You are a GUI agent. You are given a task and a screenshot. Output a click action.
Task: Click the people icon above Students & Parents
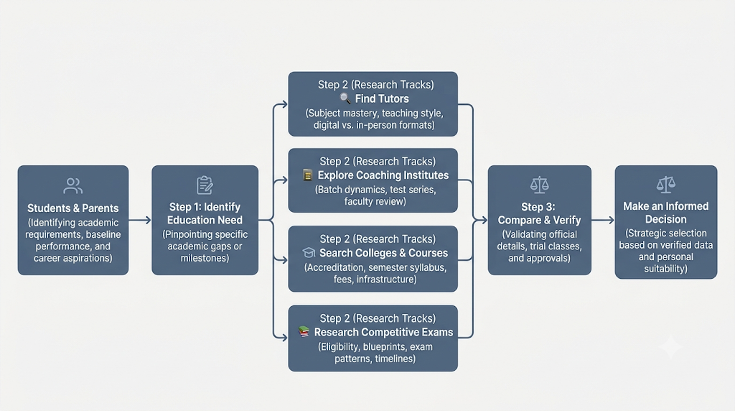(73, 186)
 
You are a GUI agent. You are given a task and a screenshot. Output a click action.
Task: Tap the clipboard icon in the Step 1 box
(205, 185)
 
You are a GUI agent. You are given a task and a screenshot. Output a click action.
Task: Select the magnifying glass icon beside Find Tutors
(345, 98)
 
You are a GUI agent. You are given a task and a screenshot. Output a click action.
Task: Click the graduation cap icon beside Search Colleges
(309, 253)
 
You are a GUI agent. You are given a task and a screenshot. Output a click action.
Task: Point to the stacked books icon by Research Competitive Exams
(304, 332)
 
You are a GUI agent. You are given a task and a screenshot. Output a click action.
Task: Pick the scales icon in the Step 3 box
(539, 185)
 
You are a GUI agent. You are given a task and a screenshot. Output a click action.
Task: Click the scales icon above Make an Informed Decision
(665, 185)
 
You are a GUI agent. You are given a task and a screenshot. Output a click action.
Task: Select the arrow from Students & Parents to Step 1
(140, 220)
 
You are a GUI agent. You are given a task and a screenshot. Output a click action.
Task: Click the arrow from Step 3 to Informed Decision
(603, 220)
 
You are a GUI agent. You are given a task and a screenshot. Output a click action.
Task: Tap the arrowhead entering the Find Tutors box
(284, 104)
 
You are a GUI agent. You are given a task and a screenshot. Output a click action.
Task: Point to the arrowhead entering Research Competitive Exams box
(284, 337)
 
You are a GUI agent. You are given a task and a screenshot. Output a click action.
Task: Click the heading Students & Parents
(72, 208)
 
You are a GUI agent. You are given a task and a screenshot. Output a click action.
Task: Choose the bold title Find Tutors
(382, 98)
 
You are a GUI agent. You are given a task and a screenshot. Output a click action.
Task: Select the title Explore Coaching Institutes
(383, 175)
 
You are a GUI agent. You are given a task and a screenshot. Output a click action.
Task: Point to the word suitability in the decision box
(665, 269)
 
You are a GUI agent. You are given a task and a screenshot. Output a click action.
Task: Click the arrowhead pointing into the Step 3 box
(484, 220)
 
